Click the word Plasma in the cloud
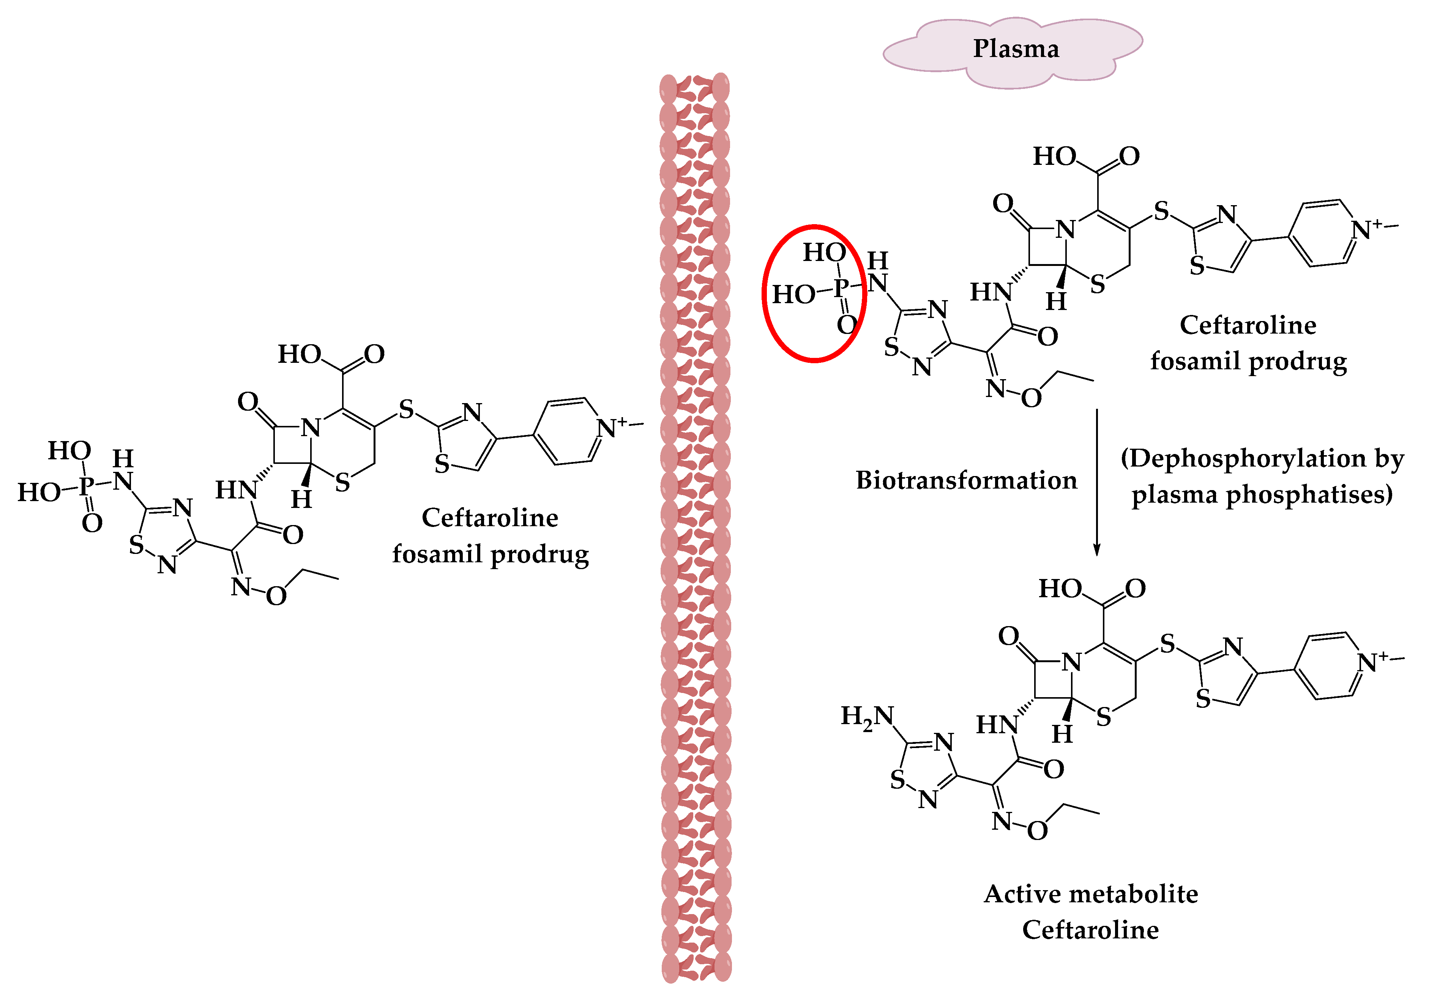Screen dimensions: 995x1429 click(1016, 49)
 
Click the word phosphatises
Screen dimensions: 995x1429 click(1309, 495)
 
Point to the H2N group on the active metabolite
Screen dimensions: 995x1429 click(867, 716)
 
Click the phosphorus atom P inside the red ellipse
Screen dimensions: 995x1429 click(841, 287)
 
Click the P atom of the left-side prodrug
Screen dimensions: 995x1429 click(87, 485)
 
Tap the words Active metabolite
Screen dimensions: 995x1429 click(1090, 894)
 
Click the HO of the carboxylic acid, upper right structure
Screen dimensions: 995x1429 click(1054, 156)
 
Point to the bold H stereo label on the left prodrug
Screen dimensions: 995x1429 click(301, 499)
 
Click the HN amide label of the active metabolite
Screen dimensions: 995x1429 click(997, 724)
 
